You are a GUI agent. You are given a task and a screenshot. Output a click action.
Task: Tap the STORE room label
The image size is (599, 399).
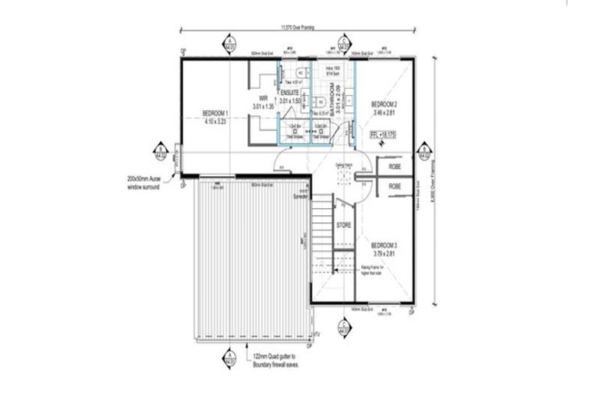tap(343, 225)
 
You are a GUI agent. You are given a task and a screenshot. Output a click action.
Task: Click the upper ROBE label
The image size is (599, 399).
tap(395, 166)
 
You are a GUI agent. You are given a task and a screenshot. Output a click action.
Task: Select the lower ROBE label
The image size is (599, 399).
tap(395, 187)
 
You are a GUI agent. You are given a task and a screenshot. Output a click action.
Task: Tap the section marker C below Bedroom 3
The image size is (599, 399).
tap(343, 329)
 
